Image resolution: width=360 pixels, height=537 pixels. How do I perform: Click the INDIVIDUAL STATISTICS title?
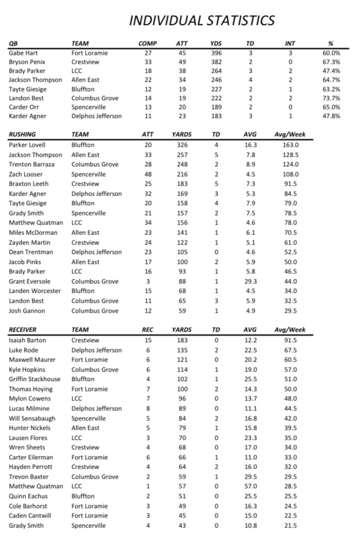pos(202,20)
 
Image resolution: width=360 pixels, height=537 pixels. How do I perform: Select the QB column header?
pos(14,44)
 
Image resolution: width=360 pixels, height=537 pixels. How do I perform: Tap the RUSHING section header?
pos(23,134)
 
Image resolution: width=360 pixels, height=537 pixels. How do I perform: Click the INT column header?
pos(290,44)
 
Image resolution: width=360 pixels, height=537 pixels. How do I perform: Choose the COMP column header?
pos(147,44)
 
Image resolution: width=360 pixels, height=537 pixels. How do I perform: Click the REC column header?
pos(148,330)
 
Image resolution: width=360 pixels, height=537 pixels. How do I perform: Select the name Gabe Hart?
pos(24,53)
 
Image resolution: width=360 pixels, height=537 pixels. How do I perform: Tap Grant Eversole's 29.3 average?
pos(250,281)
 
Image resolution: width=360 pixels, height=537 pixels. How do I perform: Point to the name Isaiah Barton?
pos(27,340)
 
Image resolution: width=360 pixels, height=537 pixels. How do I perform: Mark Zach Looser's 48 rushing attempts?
pos(148,174)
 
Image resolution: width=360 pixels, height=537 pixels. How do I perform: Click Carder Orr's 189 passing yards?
pos(216,107)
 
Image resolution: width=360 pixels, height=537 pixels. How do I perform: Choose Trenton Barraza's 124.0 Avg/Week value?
pos(290,164)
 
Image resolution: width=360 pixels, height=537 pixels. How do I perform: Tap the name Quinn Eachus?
pos(28,496)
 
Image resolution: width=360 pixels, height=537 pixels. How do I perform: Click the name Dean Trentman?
pos(31,252)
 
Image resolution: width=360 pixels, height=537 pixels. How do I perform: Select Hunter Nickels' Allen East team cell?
pos(85,428)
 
